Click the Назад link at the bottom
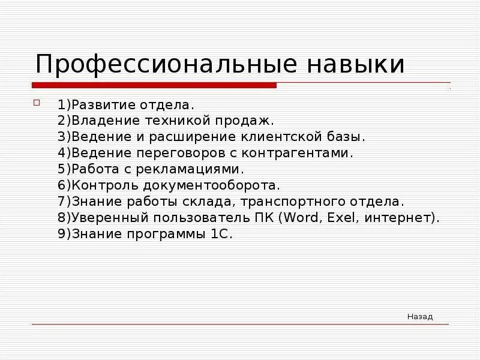[x=419, y=317]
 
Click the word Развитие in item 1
[x=100, y=105]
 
